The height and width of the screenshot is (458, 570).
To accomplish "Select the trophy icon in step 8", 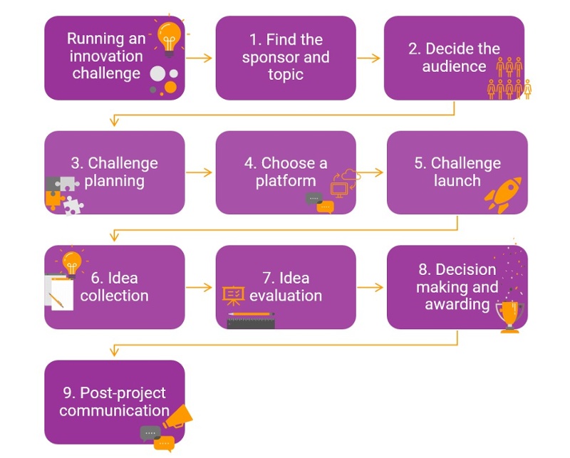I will point(509,314).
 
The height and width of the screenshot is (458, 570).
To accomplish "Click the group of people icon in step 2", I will point(509,79).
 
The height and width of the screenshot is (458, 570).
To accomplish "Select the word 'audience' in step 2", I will point(454,67).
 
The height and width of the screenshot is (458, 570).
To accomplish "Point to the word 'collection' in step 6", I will point(114,296).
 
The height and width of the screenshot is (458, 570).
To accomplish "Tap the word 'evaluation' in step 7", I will point(285,296).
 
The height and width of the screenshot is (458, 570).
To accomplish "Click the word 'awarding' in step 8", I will point(457,305).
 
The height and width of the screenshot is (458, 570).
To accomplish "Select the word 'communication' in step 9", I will point(114,411).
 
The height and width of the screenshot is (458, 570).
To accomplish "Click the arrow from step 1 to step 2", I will point(369,58).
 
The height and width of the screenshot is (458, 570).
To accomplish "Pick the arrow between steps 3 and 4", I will point(200,172).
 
